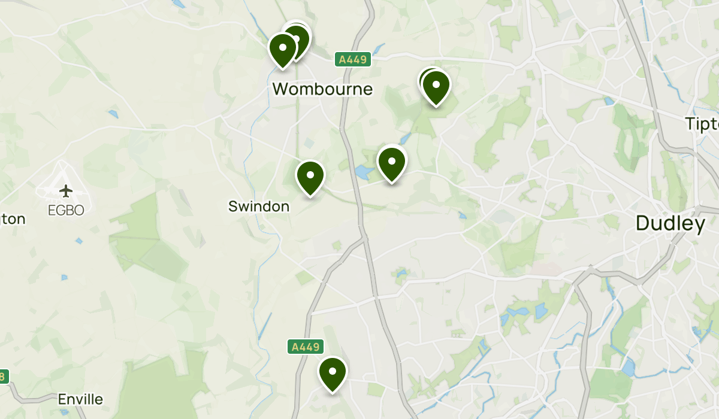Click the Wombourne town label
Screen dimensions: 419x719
(322, 89)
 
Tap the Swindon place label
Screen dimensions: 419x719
(259, 207)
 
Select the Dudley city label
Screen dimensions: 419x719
(670, 224)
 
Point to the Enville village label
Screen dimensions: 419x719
(80, 399)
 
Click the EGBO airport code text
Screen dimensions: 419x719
(66, 210)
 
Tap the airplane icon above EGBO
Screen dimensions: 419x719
(66, 191)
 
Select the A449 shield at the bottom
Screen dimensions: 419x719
(306, 347)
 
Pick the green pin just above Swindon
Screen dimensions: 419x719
(310, 177)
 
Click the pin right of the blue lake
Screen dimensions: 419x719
(391, 162)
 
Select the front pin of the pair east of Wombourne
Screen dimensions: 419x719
(436, 86)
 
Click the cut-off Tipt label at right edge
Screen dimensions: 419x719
(702, 124)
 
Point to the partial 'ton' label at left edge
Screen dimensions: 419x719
(13, 219)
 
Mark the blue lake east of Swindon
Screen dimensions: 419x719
(363, 173)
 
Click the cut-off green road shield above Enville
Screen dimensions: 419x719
(4, 377)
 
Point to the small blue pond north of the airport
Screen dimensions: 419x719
(113, 113)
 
